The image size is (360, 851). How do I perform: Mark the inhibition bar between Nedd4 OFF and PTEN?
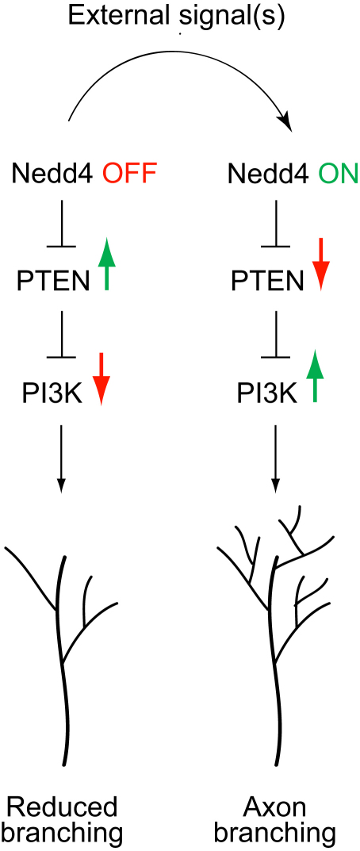coord(61,247)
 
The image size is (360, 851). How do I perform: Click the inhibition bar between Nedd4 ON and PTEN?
coord(276,247)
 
